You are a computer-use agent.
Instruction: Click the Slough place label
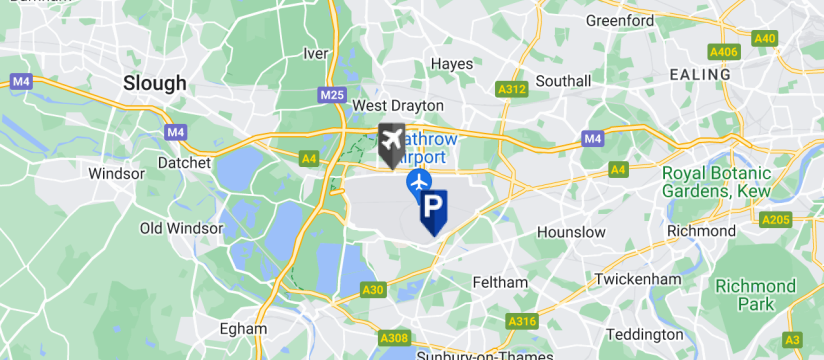point(154,83)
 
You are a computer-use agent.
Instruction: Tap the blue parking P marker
point(433,209)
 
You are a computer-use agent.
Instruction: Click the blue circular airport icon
point(418,182)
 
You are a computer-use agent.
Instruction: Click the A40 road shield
point(765,39)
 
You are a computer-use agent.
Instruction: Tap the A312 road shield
point(511,90)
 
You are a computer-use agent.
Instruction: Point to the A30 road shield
point(373,290)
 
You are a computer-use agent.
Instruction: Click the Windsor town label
point(117,173)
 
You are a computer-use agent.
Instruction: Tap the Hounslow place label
point(571,232)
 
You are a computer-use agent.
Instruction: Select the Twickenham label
point(630,278)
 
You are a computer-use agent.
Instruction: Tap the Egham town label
point(244,327)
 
